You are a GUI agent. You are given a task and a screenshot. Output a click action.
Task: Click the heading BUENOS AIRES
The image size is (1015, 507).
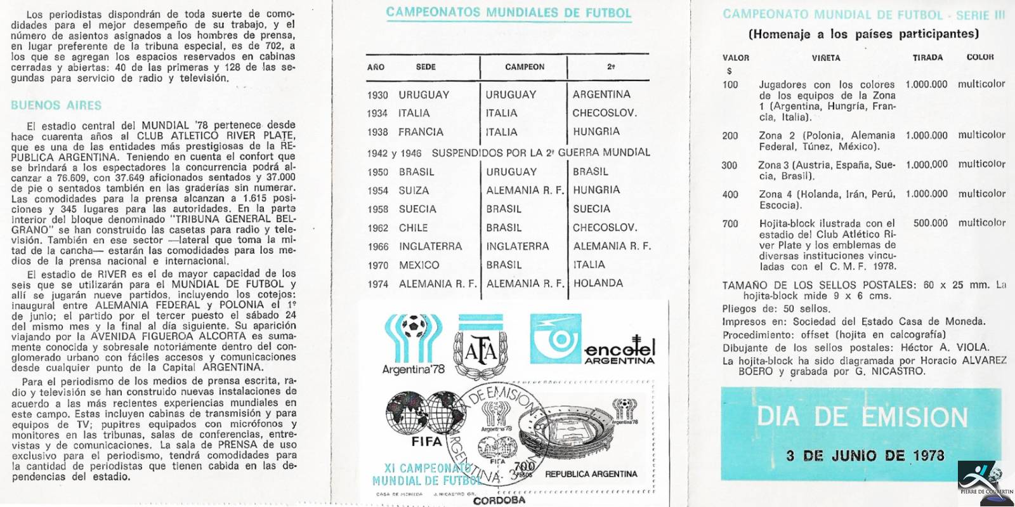(x=56, y=105)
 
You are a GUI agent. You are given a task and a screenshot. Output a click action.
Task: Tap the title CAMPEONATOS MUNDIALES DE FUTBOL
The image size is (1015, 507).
(x=508, y=13)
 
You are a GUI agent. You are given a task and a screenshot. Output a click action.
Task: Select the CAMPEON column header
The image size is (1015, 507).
(x=525, y=67)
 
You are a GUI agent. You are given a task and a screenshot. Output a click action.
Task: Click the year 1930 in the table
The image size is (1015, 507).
(x=377, y=95)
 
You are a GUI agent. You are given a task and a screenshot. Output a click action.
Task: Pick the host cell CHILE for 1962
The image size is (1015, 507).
(x=413, y=228)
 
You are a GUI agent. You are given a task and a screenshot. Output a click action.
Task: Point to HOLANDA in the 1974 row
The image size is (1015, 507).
(x=598, y=284)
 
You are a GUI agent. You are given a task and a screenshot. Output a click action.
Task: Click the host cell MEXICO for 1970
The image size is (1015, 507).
(x=419, y=265)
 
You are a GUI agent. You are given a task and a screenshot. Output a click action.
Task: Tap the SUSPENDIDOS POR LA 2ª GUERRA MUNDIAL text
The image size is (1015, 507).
(x=540, y=152)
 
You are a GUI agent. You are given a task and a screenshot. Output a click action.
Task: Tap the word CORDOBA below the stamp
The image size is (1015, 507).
(x=499, y=500)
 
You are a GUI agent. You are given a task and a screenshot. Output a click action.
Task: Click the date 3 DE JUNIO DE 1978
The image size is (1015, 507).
(x=865, y=456)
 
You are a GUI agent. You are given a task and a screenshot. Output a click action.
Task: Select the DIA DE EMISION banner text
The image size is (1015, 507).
(x=862, y=417)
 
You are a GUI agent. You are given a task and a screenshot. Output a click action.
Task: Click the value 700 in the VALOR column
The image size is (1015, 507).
(x=730, y=223)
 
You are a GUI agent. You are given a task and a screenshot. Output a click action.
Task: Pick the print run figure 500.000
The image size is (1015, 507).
(x=930, y=223)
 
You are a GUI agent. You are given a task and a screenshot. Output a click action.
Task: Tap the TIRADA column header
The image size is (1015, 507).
(x=927, y=58)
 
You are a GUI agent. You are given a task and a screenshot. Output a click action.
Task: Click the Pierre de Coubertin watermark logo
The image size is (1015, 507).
(x=985, y=482)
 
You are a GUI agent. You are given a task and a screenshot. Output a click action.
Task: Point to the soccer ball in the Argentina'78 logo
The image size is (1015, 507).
(x=416, y=325)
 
